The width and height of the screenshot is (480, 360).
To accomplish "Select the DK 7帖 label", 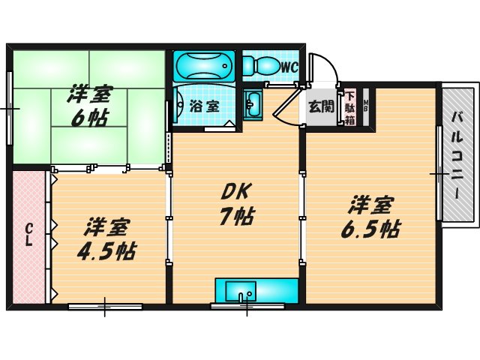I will [x=235, y=204].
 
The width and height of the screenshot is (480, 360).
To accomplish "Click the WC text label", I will [x=289, y=67].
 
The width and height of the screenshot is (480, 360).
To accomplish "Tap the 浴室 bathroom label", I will [x=204, y=106].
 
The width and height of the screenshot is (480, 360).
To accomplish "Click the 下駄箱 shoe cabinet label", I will [x=349, y=108].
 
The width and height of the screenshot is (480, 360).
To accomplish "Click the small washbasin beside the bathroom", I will [x=253, y=103].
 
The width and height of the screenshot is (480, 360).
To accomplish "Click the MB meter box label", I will [x=366, y=106].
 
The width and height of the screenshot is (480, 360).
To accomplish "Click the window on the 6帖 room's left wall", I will [x=10, y=109].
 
